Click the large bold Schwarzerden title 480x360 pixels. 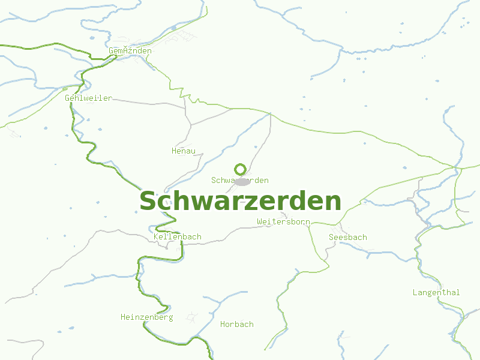click(x=240, y=202)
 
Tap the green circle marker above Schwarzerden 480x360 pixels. click(x=240, y=169)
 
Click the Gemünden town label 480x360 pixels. click(x=130, y=51)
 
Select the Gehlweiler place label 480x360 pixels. click(x=88, y=98)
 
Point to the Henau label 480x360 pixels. click(x=184, y=151)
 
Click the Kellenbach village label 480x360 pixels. click(x=178, y=237)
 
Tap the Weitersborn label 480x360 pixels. click(x=283, y=221)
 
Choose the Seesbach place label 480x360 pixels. click(x=348, y=237)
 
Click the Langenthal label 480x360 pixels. click(x=436, y=292)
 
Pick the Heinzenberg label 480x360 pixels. click(x=146, y=317)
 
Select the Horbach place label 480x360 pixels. click(x=237, y=324)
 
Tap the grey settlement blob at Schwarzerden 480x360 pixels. click(x=242, y=181)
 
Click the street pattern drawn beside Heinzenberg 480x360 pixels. click(x=192, y=316)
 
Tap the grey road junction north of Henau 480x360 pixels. click(x=191, y=125)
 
